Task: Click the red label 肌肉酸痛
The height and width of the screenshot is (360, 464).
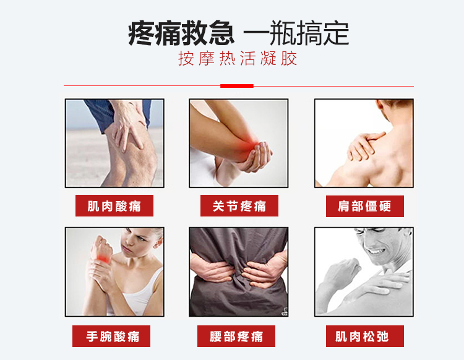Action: point(114,205)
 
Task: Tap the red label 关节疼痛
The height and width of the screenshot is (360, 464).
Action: point(239,205)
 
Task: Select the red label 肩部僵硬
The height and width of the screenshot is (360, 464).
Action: point(365,206)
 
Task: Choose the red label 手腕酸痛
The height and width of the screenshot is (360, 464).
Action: point(111,336)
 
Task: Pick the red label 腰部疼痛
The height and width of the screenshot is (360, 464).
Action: point(236,336)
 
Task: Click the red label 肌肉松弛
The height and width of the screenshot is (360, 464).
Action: point(365,336)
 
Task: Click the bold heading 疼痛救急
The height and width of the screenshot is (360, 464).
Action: point(181,33)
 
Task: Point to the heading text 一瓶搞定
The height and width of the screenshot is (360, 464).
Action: point(296,33)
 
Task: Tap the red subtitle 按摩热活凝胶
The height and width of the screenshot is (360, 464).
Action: point(238,58)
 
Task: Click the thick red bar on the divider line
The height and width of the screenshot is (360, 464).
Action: point(237,86)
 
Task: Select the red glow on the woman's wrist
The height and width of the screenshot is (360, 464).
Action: point(103,258)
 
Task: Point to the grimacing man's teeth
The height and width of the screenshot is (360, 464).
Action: point(376,252)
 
